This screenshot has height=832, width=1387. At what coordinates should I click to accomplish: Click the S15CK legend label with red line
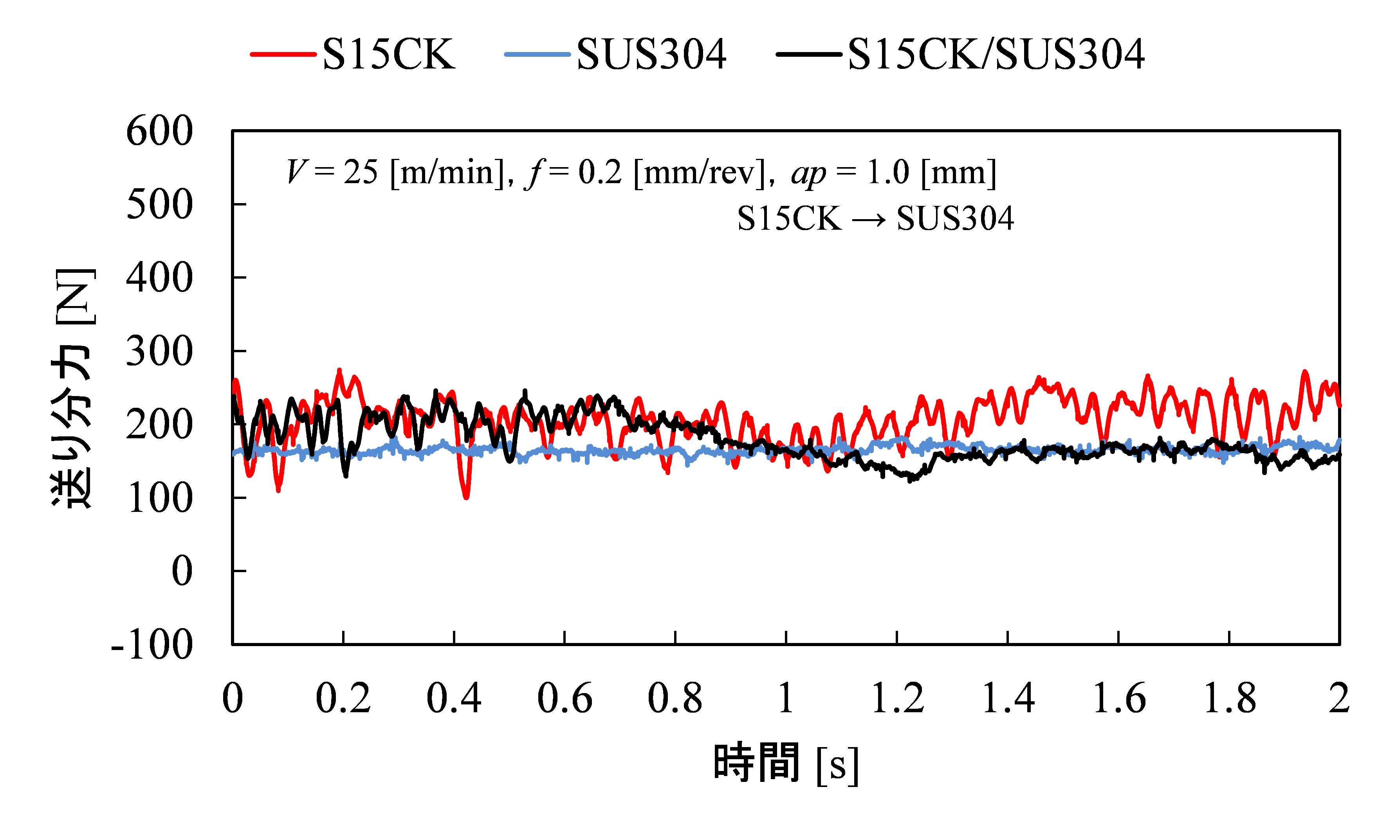pyautogui.click(x=388, y=54)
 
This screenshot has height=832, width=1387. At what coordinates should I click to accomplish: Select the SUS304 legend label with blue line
pyautogui.click(x=651, y=54)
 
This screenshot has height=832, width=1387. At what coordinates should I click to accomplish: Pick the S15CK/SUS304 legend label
pyautogui.click(x=996, y=54)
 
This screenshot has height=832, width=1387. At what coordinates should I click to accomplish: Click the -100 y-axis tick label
pyautogui.click(x=152, y=645)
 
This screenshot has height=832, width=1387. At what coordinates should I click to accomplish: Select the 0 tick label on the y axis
pyautogui.click(x=181, y=572)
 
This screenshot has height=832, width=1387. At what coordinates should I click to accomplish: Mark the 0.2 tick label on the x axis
pyautogui.click(x=343, y=699)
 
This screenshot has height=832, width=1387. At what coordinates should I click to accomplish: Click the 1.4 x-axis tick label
pyautogui.click(x=1008, y=699)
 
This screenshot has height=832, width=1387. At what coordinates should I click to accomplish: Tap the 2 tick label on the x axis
pyautogui.click(x=1339, y=699)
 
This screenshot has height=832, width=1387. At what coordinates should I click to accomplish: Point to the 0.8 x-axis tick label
pyautogui.click(x=675, y=699)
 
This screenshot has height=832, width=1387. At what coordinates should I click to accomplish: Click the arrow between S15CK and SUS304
pyautogui.click(x=869, y=219)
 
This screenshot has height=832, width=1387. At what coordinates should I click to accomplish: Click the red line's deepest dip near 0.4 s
pyautogui.click(x=466, y=497)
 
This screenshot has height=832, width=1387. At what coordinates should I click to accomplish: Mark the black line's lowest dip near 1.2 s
pyautogui.click(x=910, y=480)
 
